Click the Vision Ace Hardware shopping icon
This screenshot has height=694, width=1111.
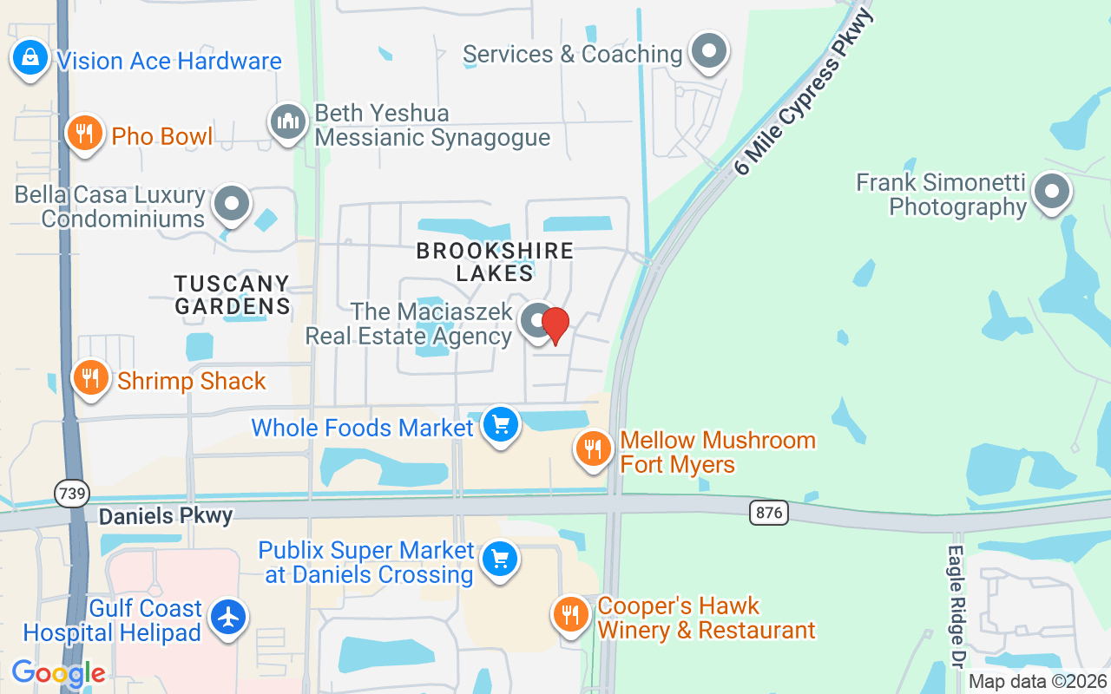pyautogui.click(x=30, y=58)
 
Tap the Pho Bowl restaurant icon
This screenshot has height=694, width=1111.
pyautogui.click(x=84, y=134)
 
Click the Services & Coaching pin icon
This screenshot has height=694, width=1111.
pyautogui.click(x=709, y=51)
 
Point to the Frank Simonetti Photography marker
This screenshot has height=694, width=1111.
pyautogui.click(x=1052, y=192)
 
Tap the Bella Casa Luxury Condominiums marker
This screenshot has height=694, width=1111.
pyautogui.click(x=232, y=204)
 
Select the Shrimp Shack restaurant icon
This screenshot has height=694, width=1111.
pyautogui.click(x=90, y=378)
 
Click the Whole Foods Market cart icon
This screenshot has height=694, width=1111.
pyautogui.click(x=500, y=425)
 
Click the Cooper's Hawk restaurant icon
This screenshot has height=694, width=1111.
pyautogui.click(x=570, y=614)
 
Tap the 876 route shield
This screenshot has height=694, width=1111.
pyautogui.click(x=769, y=513)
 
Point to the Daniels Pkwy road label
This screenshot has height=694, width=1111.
pyautogui.click(x=166, y=516)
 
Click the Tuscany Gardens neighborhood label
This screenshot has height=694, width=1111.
pyautogui.click(x=232, y=295)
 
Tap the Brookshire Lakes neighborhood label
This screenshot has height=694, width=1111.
pyautogui.click(x=495, y=262)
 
